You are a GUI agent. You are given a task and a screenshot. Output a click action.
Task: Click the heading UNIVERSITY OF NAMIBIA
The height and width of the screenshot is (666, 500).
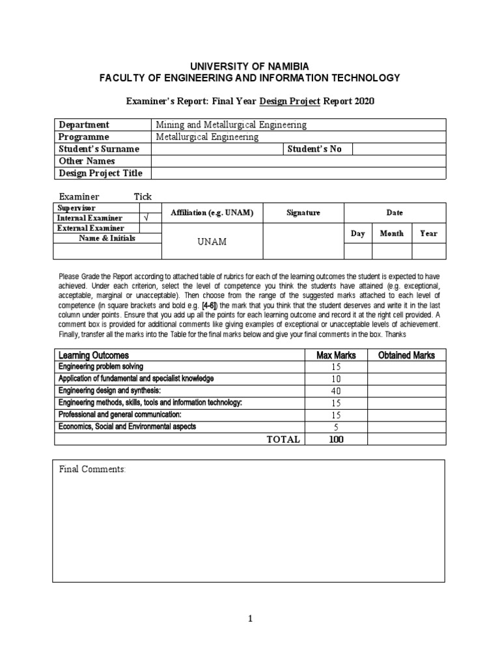tap(249, 66)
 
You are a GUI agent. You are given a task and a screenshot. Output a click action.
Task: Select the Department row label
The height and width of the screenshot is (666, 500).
tap(84, 124)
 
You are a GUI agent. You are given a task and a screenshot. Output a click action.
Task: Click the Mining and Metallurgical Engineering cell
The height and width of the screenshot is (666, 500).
tap(230, 124)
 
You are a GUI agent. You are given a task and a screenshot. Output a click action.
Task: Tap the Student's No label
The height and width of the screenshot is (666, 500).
tap(314, 149)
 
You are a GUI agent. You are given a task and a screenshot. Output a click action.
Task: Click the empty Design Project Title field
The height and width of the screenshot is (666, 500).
tap(299, 173)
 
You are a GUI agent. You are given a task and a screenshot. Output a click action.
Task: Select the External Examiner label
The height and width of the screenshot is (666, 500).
tap(90, 228)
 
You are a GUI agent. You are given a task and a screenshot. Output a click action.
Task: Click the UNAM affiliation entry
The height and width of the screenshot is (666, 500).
tap(212, 241)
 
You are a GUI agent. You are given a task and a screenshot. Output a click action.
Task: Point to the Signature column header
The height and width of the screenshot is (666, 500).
tap(303, 213)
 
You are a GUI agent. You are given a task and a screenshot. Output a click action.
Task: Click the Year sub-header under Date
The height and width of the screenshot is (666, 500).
tap(428, 233)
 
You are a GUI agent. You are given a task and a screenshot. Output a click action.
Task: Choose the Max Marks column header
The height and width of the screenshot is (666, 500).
tap(333, 355)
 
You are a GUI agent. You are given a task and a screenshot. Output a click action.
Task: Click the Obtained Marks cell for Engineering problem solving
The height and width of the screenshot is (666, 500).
tap(407, 367)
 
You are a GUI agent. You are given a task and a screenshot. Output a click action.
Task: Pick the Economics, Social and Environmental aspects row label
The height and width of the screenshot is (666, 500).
tap(127, 427)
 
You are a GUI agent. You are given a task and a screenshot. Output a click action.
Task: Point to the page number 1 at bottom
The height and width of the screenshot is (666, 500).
tap(249, 619)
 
